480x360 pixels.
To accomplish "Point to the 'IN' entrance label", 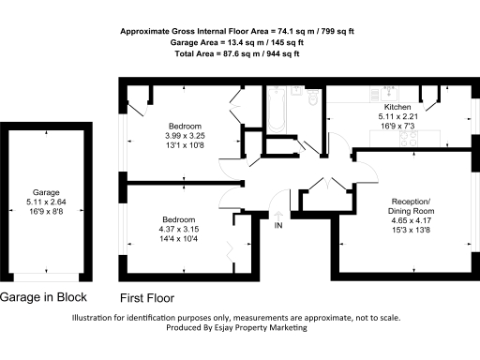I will [278, 226].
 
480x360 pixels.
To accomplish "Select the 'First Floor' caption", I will [147, 298].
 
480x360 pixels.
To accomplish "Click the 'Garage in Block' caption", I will [44, 297].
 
